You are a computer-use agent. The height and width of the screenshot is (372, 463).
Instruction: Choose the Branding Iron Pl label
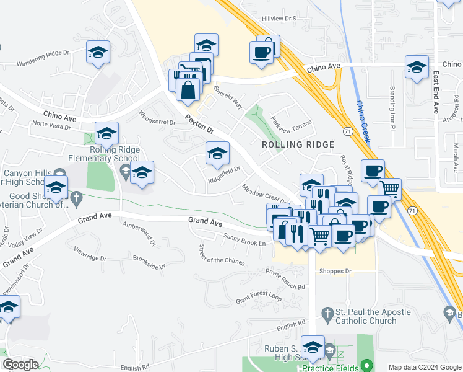[x=392, y=109]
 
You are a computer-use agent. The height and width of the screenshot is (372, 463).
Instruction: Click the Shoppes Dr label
[x=335, y=271]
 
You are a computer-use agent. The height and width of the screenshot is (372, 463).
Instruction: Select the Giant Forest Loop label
[x=258, y=298]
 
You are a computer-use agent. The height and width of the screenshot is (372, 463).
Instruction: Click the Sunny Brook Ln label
[x=244, y=239]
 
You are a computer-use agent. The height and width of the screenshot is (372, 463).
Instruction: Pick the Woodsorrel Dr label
[x=157, y=118]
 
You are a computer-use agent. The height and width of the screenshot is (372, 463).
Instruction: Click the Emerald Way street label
[x=228, y=97]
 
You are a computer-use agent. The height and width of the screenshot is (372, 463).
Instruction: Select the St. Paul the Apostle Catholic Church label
[x=365, y=316]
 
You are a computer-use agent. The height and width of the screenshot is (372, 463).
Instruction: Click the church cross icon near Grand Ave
[x=77, y=198]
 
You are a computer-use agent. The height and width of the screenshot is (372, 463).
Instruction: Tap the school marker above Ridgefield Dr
[x=217, y=154]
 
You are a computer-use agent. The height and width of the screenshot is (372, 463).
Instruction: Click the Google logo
[x=20, y=365]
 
